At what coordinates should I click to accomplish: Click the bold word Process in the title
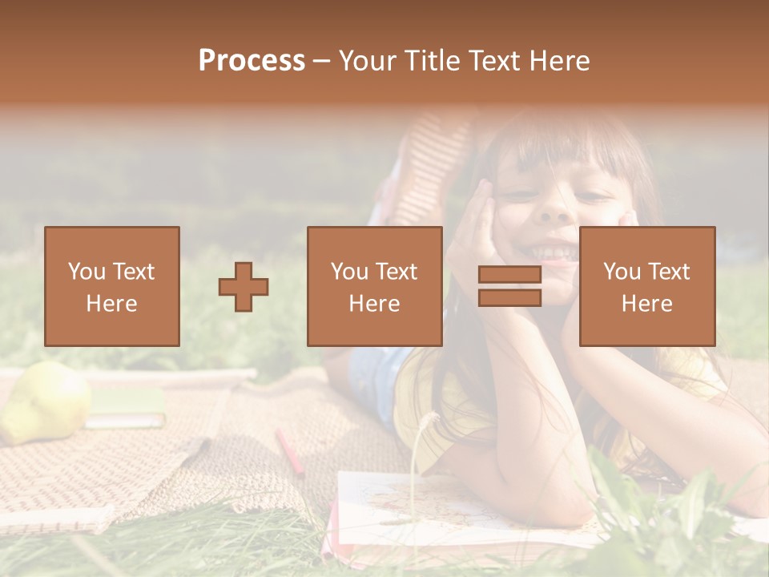coord(252,61)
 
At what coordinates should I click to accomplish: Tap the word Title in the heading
coord(434,61)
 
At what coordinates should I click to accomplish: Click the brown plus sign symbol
coord(244,287)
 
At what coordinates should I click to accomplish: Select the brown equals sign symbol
coord(509,286)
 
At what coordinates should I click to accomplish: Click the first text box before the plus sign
coord(112,286)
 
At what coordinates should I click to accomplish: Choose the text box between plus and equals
coord(374,286)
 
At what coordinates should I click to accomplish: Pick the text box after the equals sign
coord(646,286)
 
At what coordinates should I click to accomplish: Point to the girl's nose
coord(555,210)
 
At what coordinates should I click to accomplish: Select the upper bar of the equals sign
coord(509,275)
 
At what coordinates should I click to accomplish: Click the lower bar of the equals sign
coord(509,298)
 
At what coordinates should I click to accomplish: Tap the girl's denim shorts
coord(373,381)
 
